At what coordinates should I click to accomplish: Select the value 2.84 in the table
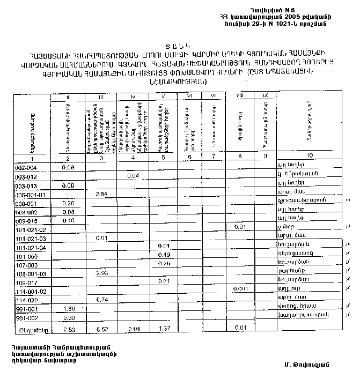[100, 194]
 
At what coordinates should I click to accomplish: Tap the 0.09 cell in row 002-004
[68, 167]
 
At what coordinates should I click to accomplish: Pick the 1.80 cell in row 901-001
[68, 309]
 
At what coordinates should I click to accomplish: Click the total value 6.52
[101, 327]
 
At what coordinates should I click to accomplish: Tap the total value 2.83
[68, 327]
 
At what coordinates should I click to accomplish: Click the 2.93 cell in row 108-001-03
[101, 273]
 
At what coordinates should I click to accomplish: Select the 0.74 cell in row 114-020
[101, 299]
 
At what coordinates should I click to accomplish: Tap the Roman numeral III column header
[101, 97]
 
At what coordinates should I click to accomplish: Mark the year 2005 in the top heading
[289, 17]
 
